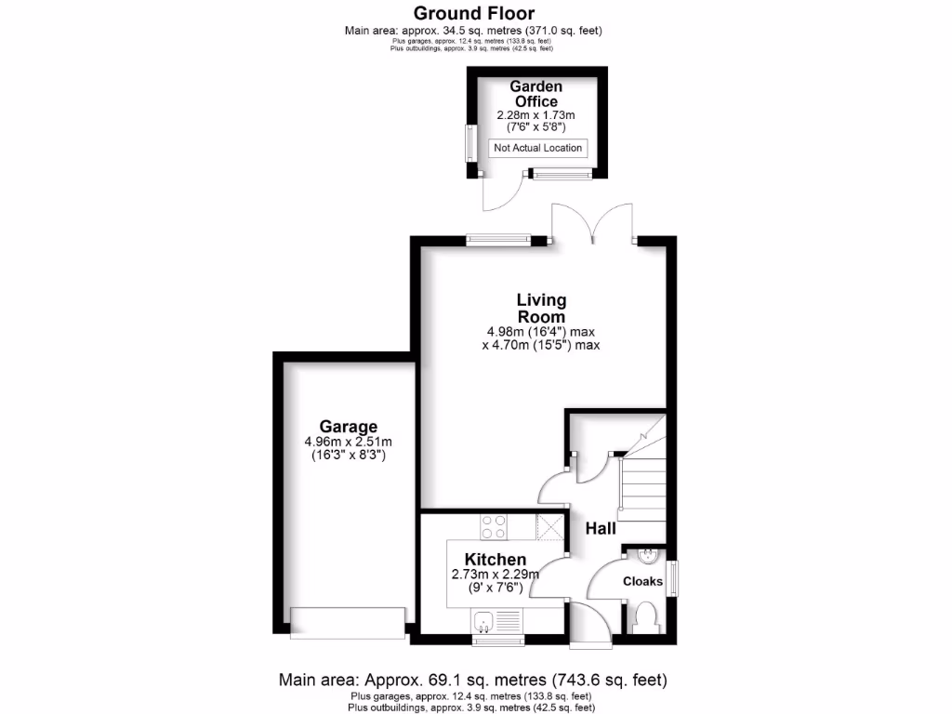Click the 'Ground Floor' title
point(474,13)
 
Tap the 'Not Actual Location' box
point(538,148)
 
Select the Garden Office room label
point(535,94)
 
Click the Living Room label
point(541,308)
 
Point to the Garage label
point(348,427)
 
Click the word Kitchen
point(496,559)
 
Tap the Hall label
point(601,528)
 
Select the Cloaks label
point(642,581)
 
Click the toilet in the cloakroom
point(644,615)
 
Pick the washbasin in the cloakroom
point(648,557)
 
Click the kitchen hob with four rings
point(494,527)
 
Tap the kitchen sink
point(483,619)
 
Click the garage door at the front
point(348,621)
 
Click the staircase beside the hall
point(644,479)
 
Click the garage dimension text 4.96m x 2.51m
point(348,442)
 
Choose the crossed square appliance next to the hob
point(550,527)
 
